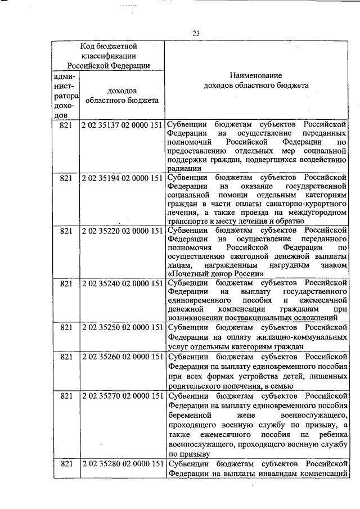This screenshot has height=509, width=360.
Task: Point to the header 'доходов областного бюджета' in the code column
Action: [121, 96]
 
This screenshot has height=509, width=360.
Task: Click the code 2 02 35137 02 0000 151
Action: [122, 124]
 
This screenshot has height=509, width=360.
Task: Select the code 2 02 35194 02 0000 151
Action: [122, 178]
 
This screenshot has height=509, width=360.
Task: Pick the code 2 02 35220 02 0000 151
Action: [122, 231]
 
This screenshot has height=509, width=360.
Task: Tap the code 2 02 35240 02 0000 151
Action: [122, 284]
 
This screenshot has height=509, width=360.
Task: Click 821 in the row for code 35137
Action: [66, 124]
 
